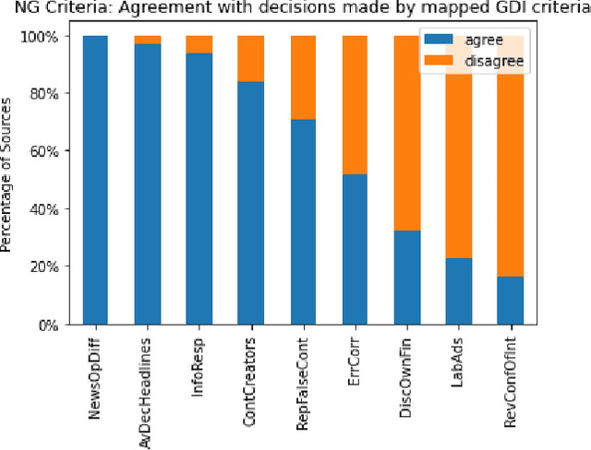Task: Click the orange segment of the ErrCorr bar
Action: pyautogui.click(x=355, y=105)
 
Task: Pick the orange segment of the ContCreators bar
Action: pyautogui.click(x=251, y=59)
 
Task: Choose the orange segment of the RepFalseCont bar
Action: pyautogui.click(x=303, y=77)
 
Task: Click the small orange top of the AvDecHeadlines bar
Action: pyautogui.click(x=147, y=40)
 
